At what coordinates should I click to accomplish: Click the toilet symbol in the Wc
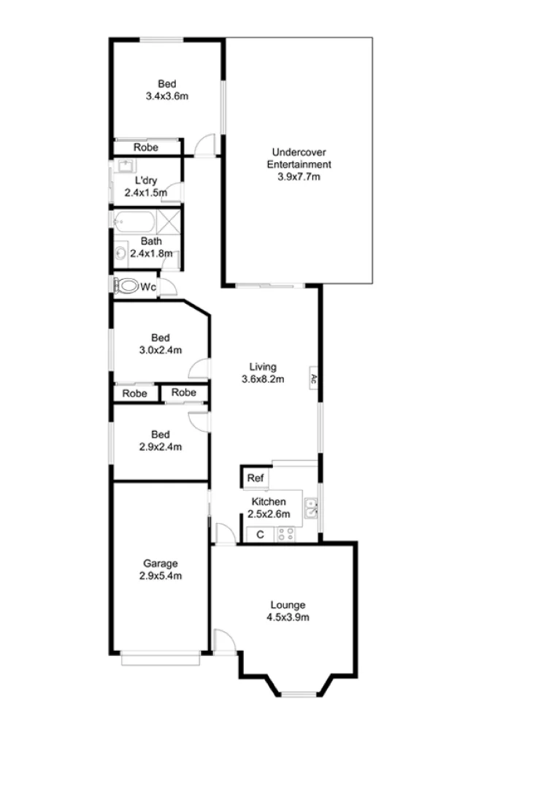coord(128,286)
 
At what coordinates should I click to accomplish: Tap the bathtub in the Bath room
coord(134,221)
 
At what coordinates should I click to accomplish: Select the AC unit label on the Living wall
coord(312,379)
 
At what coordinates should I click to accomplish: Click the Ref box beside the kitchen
coord(255,479)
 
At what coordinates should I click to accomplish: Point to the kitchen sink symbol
coord(310,507)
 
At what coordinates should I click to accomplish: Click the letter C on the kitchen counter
coord(260,534)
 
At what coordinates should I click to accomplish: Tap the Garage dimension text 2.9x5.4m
coord(161,576)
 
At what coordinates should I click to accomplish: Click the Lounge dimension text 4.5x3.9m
coord(288,617)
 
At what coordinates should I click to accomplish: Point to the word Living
coord(263,367)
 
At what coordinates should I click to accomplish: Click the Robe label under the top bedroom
coord(146,147)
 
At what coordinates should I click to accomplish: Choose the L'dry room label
coord(143,180)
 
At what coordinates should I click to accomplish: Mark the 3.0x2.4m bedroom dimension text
coord(161,349)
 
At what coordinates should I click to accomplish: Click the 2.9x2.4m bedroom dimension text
coord(161,446)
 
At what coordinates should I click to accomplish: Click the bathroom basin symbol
coord(120,254)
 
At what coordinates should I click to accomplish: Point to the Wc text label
coord(148,287)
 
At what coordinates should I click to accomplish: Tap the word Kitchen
coord(269,502)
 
